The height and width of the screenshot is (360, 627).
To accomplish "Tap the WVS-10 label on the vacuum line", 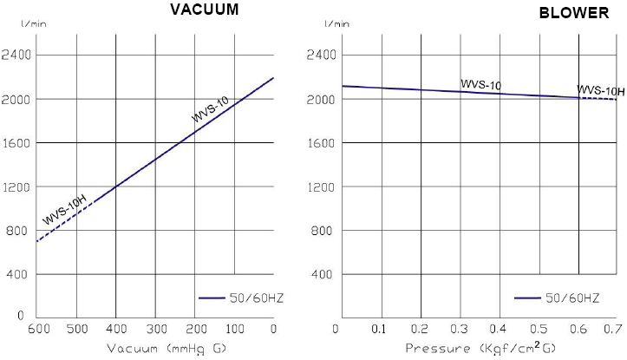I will [x=211, y=109].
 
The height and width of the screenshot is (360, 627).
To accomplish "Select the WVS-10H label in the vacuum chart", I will [x=65, y=212].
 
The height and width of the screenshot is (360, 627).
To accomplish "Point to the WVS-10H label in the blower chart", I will [x=600, y=90].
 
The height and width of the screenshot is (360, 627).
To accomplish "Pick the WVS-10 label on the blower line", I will [x=481, y=84].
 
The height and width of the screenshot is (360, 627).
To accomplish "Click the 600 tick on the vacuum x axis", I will [x=36, y=329].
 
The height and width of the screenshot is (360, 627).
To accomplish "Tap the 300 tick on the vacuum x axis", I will [x=155, y=329].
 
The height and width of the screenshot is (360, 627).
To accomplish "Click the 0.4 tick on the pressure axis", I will [x=498, y=330].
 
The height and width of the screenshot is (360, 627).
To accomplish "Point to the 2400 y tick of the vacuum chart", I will [x=16, y=55].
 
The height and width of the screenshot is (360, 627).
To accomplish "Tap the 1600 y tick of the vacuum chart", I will [x=16, y=142].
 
